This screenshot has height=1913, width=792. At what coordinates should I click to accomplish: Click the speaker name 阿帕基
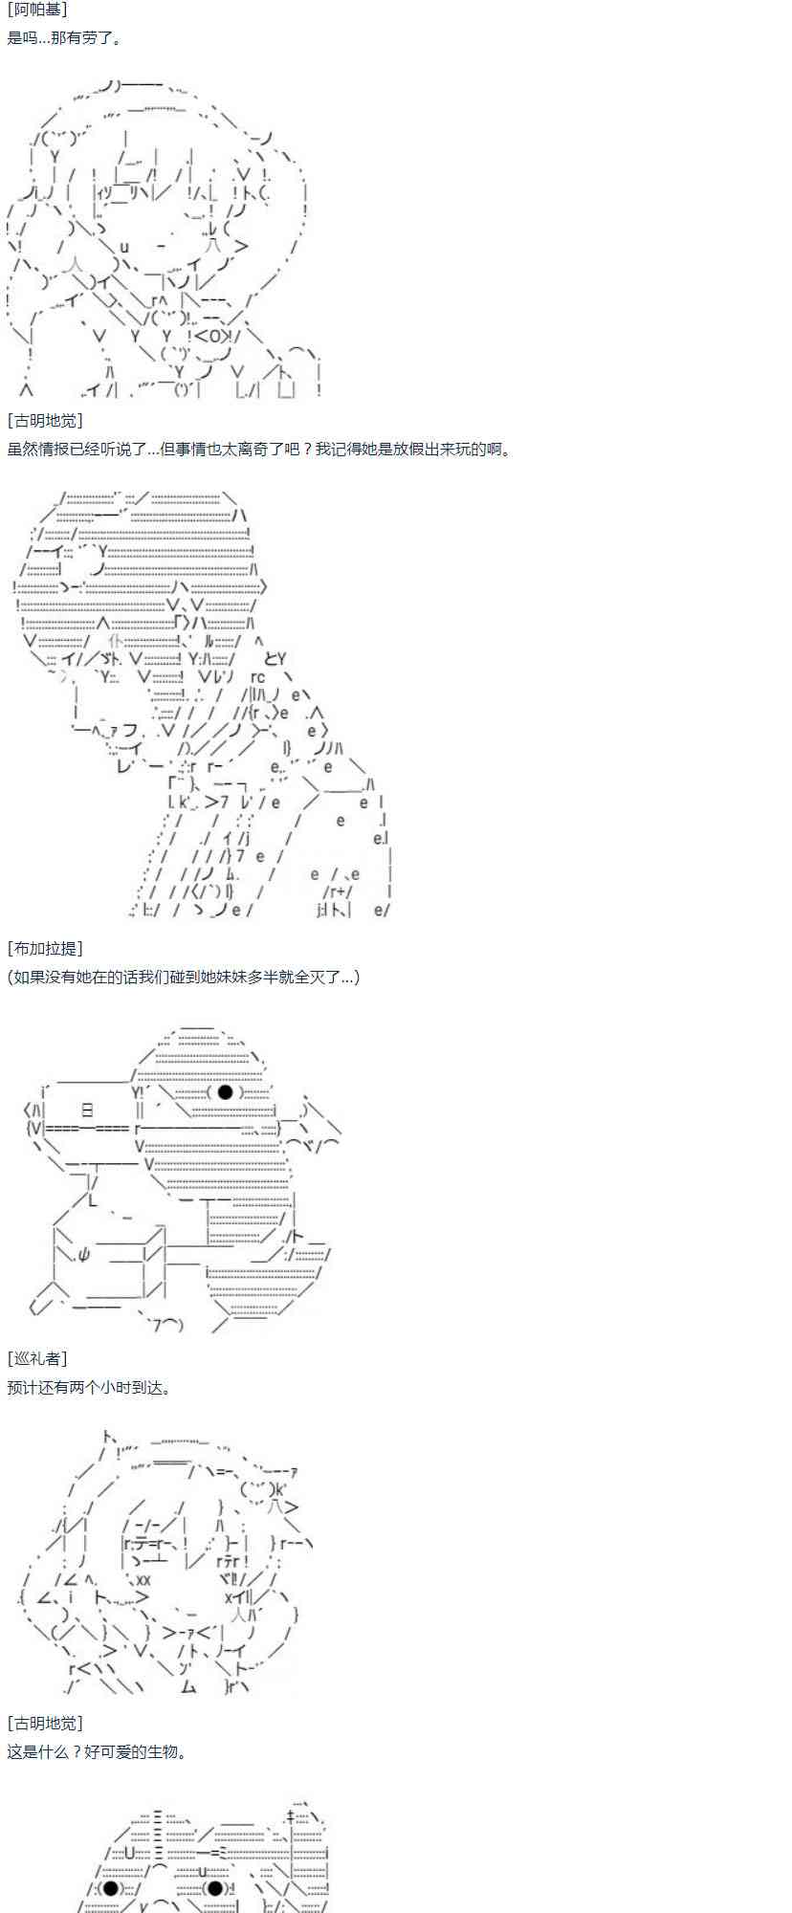(x=36, y=10)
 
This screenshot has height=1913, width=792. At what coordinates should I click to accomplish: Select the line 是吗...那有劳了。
(x=64, y=38)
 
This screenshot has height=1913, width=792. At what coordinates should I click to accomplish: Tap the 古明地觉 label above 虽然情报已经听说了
(x=45, y=420)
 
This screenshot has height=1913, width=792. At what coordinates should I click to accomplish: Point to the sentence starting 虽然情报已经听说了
(x=259, y=449)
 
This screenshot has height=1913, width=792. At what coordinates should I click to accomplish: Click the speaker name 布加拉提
(x=45, y=948)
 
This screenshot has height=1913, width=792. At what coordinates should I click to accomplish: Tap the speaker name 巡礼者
(x=37, y=1358)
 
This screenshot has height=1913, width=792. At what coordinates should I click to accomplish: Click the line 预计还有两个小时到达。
(x=90, y=1387)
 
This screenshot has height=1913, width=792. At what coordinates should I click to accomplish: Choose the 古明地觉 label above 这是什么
(x=45, y=1723)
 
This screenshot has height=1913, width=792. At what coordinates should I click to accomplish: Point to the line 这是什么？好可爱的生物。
(x=97, y=1751)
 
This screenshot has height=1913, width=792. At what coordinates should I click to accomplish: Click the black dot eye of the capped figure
(x=226, y=1092)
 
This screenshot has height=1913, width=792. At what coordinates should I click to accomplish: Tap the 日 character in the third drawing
(x=88, y=1110)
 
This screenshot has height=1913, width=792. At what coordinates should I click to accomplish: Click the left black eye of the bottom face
(x=111, y=1888)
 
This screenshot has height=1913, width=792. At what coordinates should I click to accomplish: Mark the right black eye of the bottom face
(x=215, y=1888)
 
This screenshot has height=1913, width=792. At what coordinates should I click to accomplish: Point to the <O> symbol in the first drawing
(x=209, y=336)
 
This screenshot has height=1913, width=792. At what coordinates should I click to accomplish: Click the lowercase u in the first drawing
(x=124, y=247)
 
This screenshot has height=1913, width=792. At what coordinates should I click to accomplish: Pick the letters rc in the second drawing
(x=258, y=677)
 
